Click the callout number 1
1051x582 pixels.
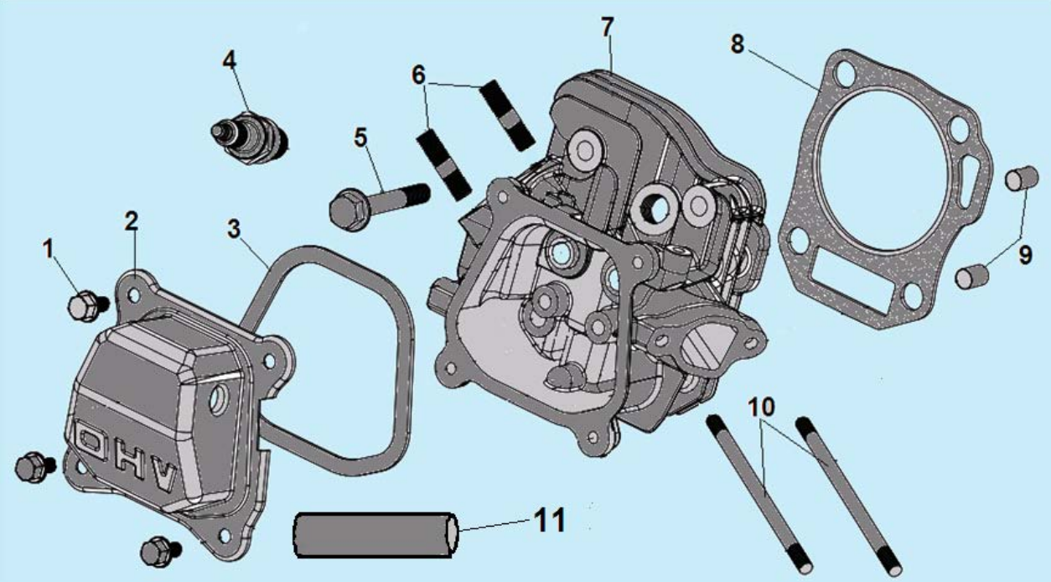[x=49, y=247]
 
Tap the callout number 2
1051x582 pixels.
[x=132, y=221]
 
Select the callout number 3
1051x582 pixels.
[x=236, y=228]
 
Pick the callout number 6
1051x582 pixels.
[x=418, y=75]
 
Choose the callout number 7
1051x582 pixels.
[x=608, y=27]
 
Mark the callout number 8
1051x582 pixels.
[x=738, y=44]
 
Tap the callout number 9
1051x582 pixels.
[x=1025, y=256]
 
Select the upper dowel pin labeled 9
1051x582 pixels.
[x=1017, y=179]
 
